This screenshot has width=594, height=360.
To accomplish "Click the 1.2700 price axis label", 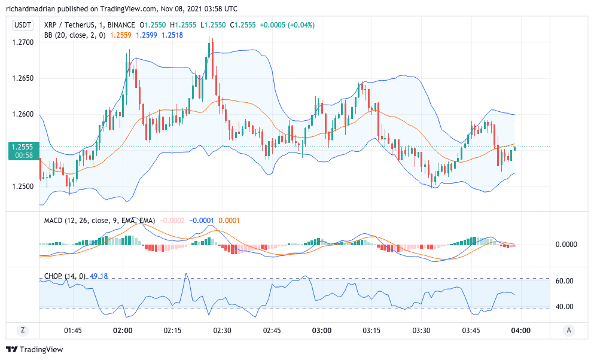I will tap(23, 42).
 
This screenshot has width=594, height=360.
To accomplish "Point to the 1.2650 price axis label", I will tap(23, 78).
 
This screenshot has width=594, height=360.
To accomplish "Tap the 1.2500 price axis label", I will tap(23, 186).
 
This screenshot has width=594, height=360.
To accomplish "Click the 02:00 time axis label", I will tap(123, 330).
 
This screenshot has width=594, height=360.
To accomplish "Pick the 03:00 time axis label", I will tap(322, 330).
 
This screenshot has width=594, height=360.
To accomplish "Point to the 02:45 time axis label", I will tap(272, 330).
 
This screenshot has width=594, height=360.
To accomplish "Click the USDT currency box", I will tap(23, 25).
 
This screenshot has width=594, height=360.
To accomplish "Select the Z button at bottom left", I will tap(23, 330).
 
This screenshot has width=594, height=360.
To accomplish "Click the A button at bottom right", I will tap(569, 330).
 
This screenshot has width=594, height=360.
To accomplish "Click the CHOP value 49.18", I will tap(99, 276).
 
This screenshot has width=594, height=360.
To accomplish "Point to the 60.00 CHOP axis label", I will tap(565, 281).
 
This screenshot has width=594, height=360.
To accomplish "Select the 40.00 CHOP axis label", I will tap(565, 307).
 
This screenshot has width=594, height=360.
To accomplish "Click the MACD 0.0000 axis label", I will tap(566, 245).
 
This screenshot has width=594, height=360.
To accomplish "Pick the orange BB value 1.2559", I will tap(121, 35).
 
